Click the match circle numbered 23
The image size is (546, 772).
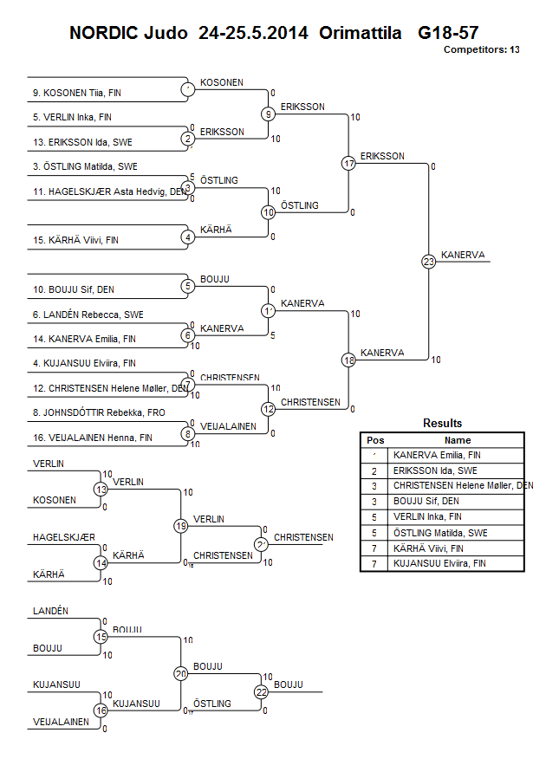click(428, 261)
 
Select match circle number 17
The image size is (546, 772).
click(348, 163)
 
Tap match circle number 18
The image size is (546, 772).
click(348, 360)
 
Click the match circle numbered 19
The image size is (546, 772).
click(181, 526)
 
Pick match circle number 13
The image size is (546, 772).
click(101, 490)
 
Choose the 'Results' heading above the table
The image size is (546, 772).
click(442, 424)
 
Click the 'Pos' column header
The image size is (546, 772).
click(375, 440)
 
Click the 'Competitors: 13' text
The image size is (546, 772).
click(481, 50)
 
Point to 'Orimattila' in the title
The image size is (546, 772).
click(360, 33)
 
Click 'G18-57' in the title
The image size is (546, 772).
click(448, 33)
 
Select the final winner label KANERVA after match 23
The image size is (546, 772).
click(463, 255)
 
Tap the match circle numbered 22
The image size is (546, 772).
click(262, 691)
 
